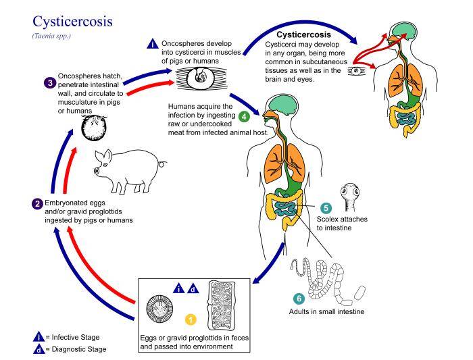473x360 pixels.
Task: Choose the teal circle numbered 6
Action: click(x=297, y=298)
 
